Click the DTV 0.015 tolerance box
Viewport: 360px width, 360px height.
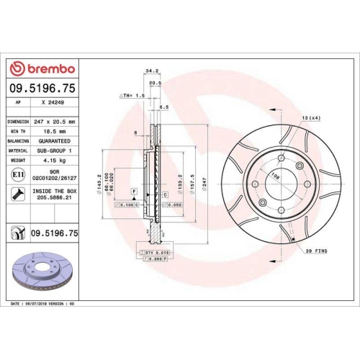click(x=156, y=253)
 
